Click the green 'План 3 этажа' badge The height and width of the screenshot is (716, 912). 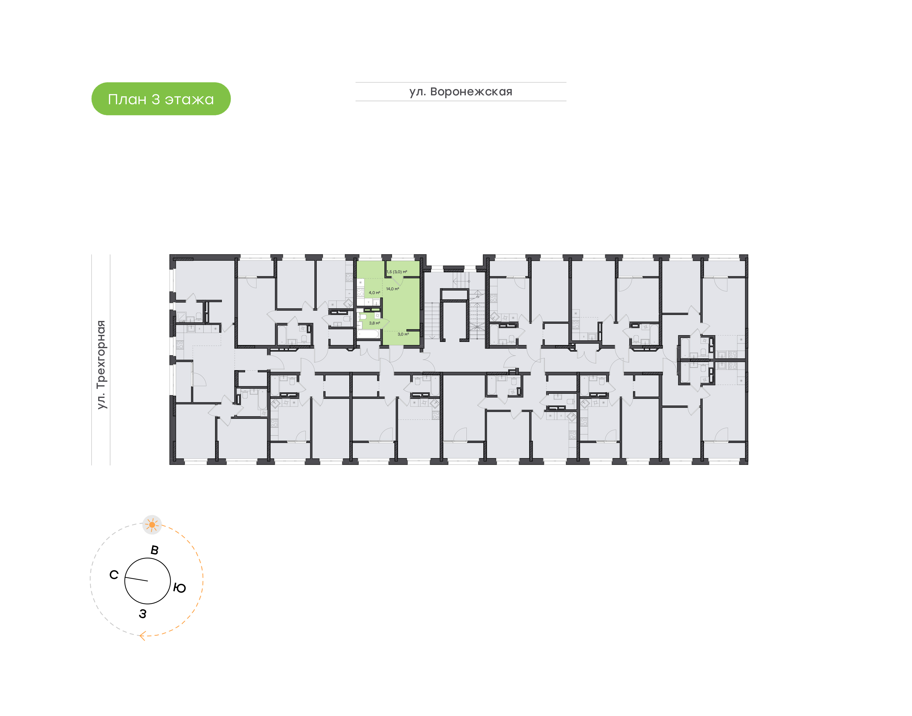tap(161, 99)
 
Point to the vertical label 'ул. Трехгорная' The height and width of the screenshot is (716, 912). tap(101, 365)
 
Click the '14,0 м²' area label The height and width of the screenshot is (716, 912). tap(393, 289)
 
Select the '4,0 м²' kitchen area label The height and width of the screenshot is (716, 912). tap(374, 293)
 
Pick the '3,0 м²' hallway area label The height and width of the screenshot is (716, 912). tap(403, 334)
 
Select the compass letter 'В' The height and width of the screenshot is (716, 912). tap(155, 550)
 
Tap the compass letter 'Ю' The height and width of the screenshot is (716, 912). tap(179, 588)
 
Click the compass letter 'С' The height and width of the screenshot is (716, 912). tap(114, 575)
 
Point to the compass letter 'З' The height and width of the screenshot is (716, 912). tap(143, 614)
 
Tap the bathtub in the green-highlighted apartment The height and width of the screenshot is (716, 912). tap(368, 334)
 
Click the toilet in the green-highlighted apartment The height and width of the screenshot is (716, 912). tap(363, 316)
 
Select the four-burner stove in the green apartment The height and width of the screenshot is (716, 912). tap(360, 292)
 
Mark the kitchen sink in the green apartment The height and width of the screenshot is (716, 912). tap(368, 302)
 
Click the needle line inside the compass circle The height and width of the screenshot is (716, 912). tap(136, 579)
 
